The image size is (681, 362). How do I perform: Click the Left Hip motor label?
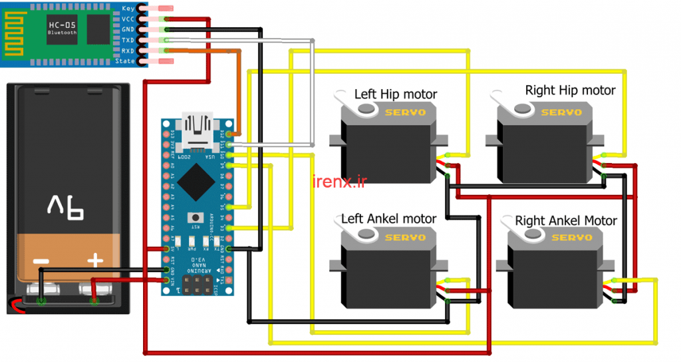[396, 94]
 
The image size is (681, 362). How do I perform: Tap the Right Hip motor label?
[570, 90]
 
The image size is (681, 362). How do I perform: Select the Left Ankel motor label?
[388, 218]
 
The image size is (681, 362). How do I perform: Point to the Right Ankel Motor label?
[566, 220]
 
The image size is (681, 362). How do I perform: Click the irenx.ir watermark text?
[339, 181]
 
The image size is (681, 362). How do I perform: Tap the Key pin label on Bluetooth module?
[128, 9]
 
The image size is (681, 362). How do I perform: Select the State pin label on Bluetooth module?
[125, 61]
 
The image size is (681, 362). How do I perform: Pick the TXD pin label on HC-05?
[128, 40]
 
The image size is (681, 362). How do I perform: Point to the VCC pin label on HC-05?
[128, 19]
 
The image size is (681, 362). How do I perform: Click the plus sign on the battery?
[95, 260]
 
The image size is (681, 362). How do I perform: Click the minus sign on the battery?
[41, 261]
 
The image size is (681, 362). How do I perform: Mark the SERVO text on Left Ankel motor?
[405, 237]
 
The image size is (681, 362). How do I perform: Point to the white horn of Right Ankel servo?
[529, 233]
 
